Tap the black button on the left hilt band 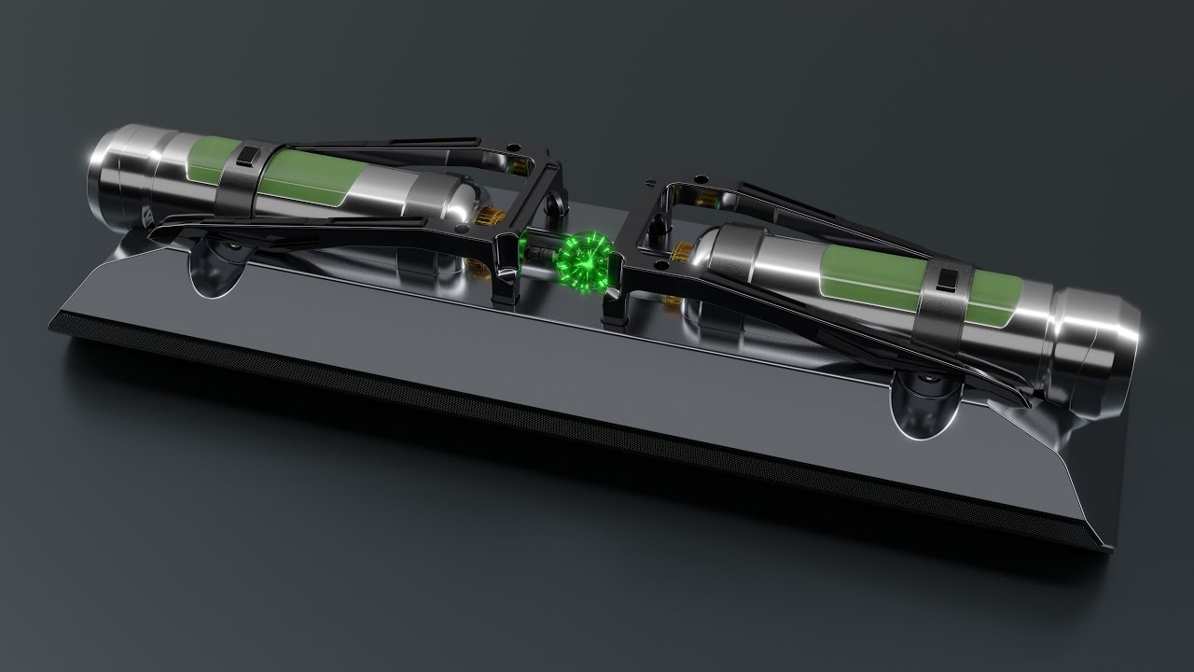pyautogui.click(x=248, y=156)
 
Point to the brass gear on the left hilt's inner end pyautogui.click(x=485, y=219)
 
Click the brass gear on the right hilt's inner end pyautogui.click(x=683, y=252)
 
